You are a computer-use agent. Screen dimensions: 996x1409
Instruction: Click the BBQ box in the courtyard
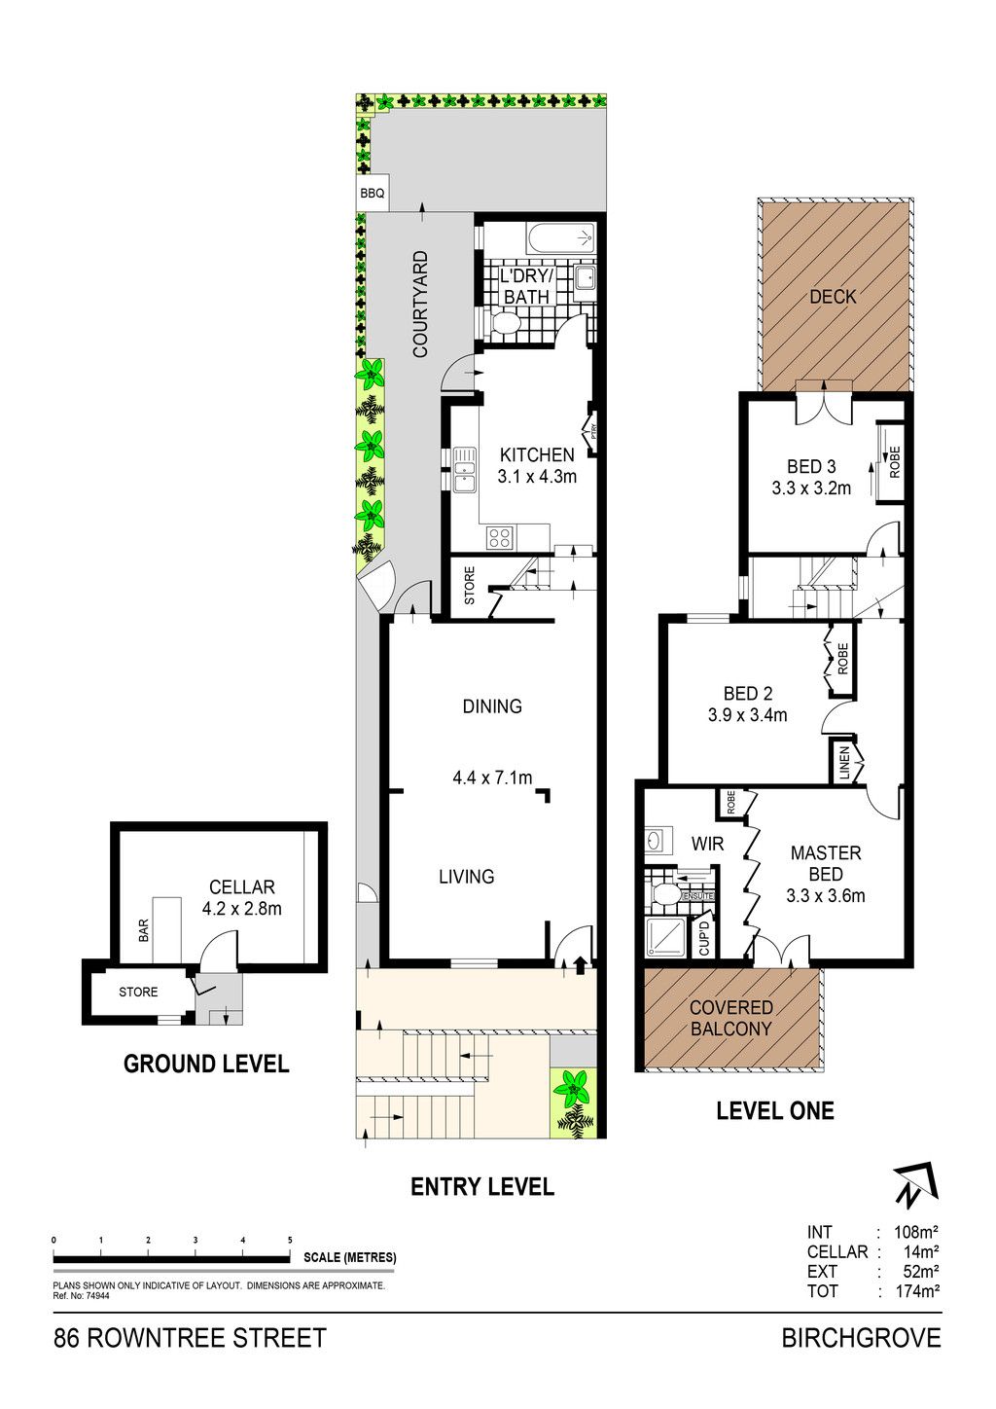pos(372,194)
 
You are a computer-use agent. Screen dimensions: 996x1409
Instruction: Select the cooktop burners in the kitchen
pos(501,537)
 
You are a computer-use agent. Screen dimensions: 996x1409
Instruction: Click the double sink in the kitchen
pos(465,469)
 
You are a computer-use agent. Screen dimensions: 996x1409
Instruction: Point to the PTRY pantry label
pos(593,433)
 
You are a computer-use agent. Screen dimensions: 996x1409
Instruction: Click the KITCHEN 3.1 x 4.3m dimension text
pos(537,465)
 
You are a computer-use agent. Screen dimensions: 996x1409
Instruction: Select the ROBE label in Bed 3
pos(895,462)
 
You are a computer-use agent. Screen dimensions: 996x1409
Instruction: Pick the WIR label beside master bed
pos(707,844)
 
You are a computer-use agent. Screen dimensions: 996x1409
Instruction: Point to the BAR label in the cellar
pos(144,930)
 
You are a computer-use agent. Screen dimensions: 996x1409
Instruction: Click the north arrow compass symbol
pos(917,1185)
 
